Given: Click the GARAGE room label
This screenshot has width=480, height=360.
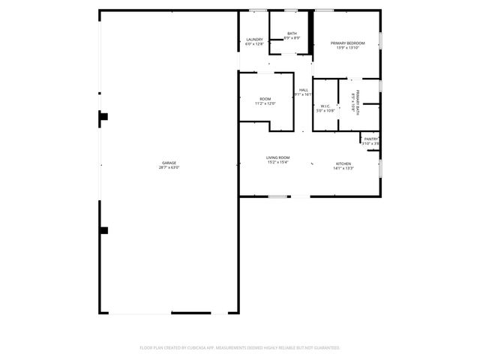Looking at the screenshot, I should (x=169, y=163).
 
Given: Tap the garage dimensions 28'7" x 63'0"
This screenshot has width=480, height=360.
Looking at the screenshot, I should (x=169, y=167).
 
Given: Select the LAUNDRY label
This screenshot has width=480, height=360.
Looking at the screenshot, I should (x=253, y=40).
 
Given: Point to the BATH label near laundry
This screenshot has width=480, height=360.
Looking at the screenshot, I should (x=292, y=34).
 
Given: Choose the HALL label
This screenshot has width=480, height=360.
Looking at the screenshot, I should (x=304, y=90).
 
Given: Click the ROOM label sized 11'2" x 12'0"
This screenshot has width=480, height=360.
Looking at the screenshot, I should (x=265, y=99).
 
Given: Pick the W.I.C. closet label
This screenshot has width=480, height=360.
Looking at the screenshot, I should (x=325, y=106).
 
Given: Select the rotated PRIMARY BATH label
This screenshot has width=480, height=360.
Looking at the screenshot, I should (x=358, y=101).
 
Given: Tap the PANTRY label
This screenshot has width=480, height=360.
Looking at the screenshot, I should (x=371, y=139).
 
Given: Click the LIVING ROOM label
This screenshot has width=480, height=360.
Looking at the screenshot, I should (x=277, y=157).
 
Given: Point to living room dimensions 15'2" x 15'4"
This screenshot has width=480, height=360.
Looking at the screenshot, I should (x=277, y=162).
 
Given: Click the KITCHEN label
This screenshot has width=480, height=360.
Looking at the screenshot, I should (x=343, y=163).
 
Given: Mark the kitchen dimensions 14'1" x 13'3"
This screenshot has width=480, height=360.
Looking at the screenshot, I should (x=343, y=168).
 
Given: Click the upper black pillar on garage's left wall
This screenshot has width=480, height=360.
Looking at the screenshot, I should (x=104, y=116).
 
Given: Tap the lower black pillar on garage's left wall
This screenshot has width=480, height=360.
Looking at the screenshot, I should (x=104, y=230).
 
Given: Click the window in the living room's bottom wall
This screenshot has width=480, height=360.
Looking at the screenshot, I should (x=279, y=196).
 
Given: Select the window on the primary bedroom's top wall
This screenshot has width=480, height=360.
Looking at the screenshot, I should (x=324, y=10).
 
